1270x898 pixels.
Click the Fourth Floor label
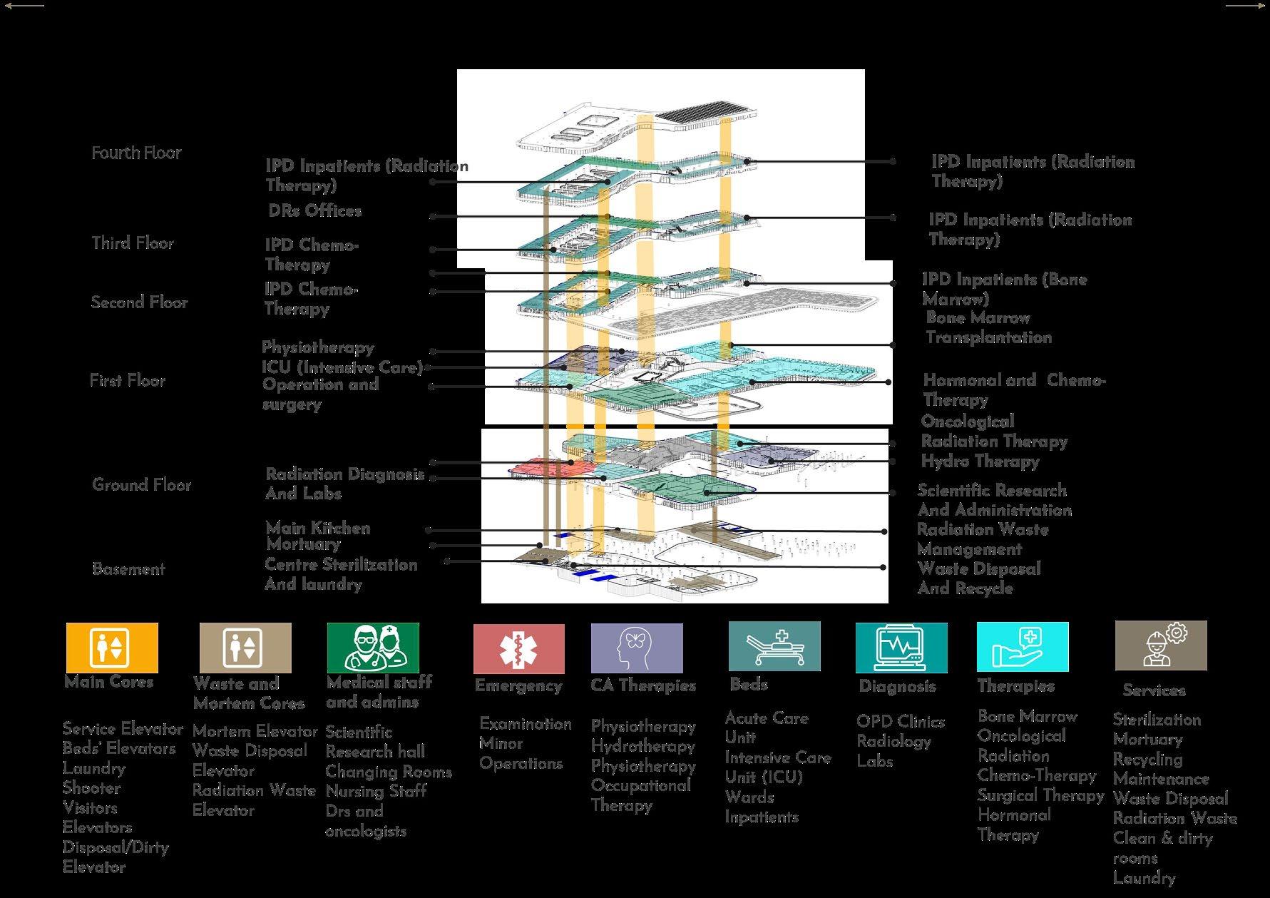pyautogui.click(x=136, y=153)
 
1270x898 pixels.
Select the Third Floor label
pyautogui.click(x=133, y=243)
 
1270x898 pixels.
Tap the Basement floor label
pyautogui.click(x=128, y=569)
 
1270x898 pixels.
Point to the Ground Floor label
pyautogui.click(x=141, y=485)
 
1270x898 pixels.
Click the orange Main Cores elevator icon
pyautogui.click(x=111, y=648)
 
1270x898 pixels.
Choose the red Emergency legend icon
pyautogui.click(x=518, y=648)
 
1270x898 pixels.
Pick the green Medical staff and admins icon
pyautogui.click(x=373, y=647)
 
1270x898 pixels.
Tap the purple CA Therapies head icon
pyautogui.click(x=636, y=648)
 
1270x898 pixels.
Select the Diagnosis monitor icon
pyautogui.click(x=901, y=648)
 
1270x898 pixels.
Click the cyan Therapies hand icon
pyautogui.click(x=1023, y=646)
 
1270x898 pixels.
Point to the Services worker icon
pyautogui.click(x=1161, y=646)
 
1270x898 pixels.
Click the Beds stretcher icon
pyautogui.click(x=774, y=646)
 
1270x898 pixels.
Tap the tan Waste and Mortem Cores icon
pyautogui.click(x=245, y=648)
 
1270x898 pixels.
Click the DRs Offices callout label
pyautogui.click(x=314, y=211)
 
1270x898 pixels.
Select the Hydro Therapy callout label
pyautogui.click(x=980, y=461)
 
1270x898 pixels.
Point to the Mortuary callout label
pyautogui.click(x=303, y=544)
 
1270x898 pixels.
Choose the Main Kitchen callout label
pyautogui.click(x=318, y=528)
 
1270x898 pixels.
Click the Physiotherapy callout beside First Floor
pyautogui.click(x=318, y=347)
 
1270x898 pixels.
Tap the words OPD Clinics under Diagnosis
pyautogui.click(x=901, y=722)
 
